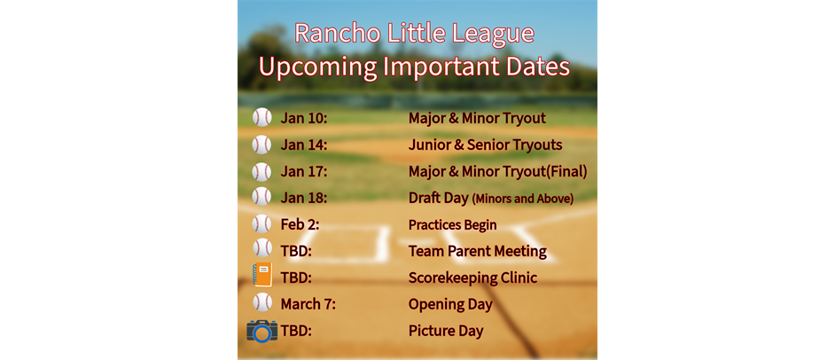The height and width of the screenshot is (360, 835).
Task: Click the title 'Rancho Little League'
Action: pos(414,34)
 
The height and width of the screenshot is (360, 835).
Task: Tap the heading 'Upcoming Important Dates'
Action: pos(414,67)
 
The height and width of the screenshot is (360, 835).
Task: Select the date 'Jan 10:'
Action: pos(303,118)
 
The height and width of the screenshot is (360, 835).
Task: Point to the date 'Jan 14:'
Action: pos(303,145)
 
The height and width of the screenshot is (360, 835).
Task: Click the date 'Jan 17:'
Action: pos(303,171)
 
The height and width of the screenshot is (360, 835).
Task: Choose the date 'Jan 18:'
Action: pos(303,198)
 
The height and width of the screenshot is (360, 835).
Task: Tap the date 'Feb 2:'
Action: pos(300,224)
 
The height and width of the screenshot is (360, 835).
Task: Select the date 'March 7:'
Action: pos(308,304)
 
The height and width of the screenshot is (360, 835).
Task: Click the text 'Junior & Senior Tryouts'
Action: pos(485,145)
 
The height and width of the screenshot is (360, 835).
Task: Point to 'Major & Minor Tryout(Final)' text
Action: pos(498,171)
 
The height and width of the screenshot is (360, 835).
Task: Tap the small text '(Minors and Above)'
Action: pos(523,199)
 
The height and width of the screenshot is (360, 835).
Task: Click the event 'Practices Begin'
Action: pos(453,224)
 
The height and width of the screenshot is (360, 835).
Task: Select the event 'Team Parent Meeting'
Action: pos(478,251)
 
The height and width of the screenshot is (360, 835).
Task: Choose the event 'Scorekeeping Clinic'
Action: pos(472,278)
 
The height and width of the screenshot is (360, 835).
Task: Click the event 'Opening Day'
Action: pos(450,305)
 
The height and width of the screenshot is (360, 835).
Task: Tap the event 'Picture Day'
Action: pos(446,332)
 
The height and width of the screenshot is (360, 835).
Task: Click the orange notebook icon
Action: pos(262,275)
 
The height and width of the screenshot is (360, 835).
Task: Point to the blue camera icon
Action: pos(262,331)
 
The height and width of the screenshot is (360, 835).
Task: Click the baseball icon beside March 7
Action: pos(262,302)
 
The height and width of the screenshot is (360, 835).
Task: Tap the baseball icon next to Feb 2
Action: pos(262,223)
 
